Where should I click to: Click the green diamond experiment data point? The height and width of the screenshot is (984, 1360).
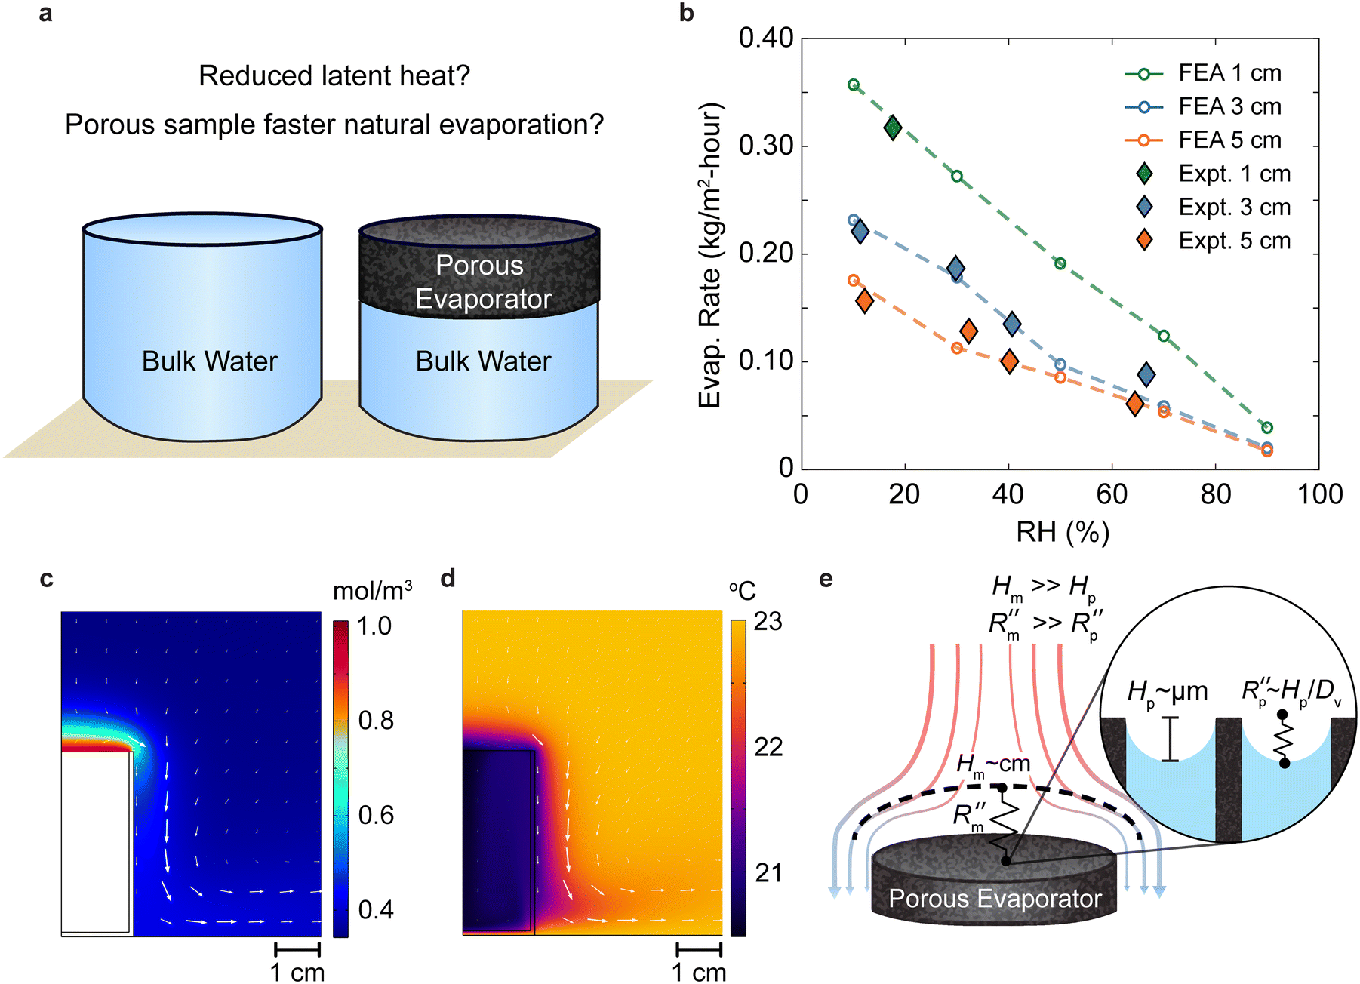[893, 128]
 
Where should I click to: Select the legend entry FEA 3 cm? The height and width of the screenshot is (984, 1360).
[1203, 106]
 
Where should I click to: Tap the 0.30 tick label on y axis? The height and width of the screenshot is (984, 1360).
[766, 145]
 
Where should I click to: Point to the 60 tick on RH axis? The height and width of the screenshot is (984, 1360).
[1112, 494]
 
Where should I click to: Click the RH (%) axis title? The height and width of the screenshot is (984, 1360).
[1063, 532]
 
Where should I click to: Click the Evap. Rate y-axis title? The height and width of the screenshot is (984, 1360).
[709, 256]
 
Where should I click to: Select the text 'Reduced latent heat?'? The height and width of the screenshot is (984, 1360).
[334, 75]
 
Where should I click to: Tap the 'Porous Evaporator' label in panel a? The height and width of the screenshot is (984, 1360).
[481, 281]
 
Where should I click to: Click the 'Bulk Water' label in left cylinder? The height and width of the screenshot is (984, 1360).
[210, 361]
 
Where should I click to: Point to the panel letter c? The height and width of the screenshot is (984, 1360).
[47, 579]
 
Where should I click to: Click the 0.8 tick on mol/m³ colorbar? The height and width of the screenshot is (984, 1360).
[376, 720]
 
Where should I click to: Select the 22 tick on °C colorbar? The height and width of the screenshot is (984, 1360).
[768, 747]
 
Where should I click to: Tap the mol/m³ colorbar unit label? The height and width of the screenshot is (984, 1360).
[373, 591]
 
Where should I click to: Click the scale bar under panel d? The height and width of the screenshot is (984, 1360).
[700, 949]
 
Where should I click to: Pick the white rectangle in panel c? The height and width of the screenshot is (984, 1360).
[97, 842]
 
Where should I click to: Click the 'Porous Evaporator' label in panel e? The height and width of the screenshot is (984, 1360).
[995, 898]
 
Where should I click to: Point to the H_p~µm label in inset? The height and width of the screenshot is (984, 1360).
[1167, 691]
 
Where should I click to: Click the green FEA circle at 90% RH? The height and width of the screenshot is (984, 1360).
[1267, 428]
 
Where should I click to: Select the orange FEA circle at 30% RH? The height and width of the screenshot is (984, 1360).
[957, 348]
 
